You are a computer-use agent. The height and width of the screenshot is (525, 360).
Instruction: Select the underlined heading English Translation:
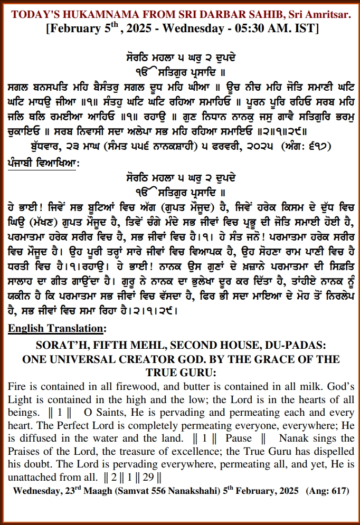56,328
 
